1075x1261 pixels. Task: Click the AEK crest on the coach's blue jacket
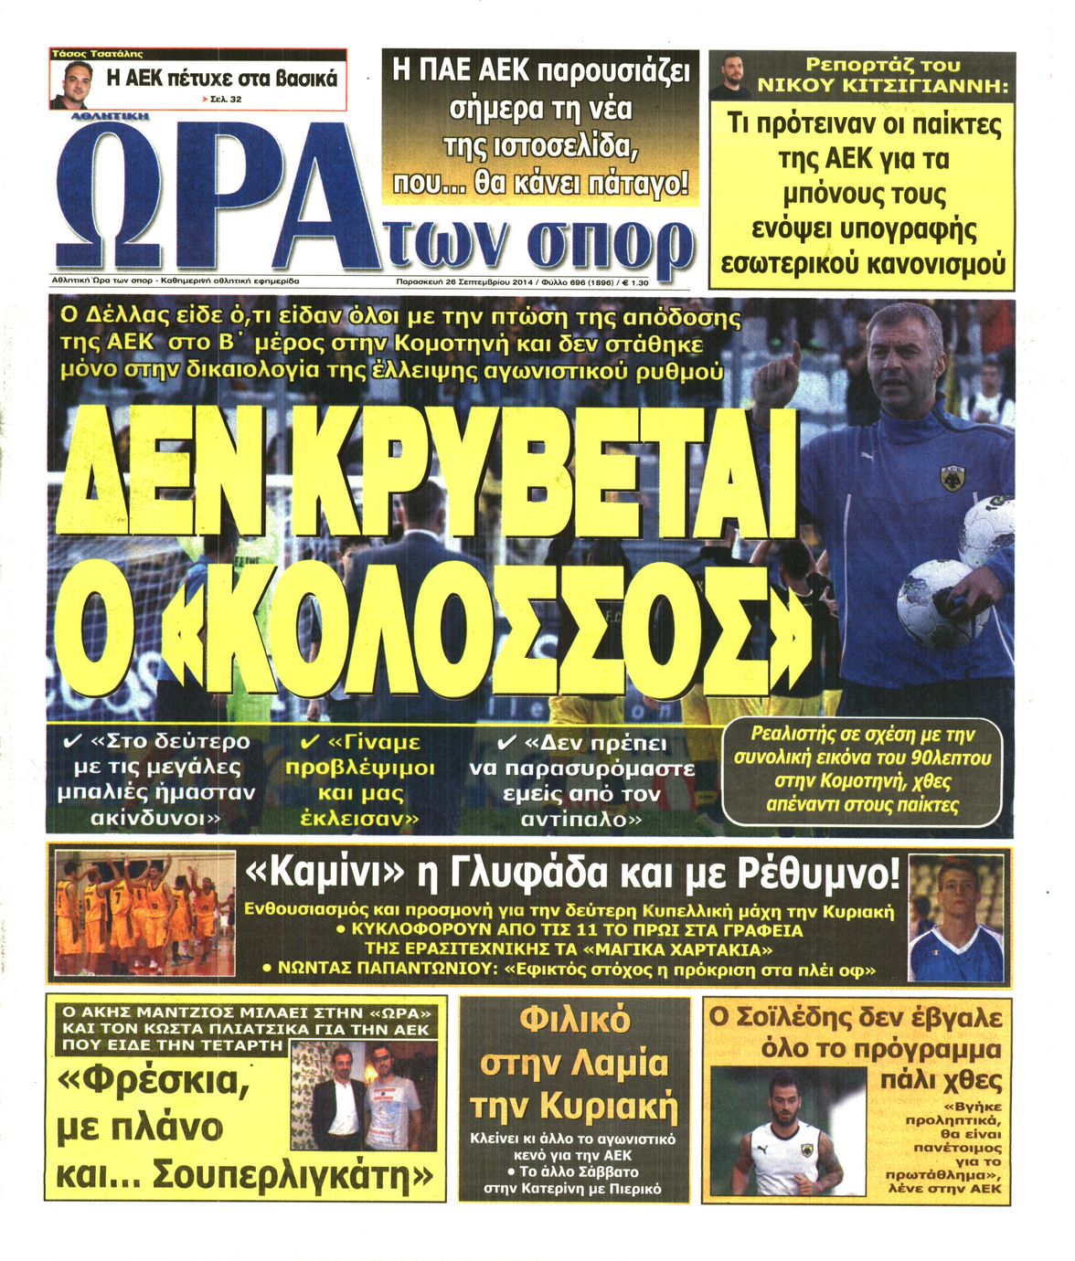[953, 478]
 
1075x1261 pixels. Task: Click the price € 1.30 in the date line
[628, 282]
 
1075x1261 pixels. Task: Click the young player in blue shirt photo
[955, 918]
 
